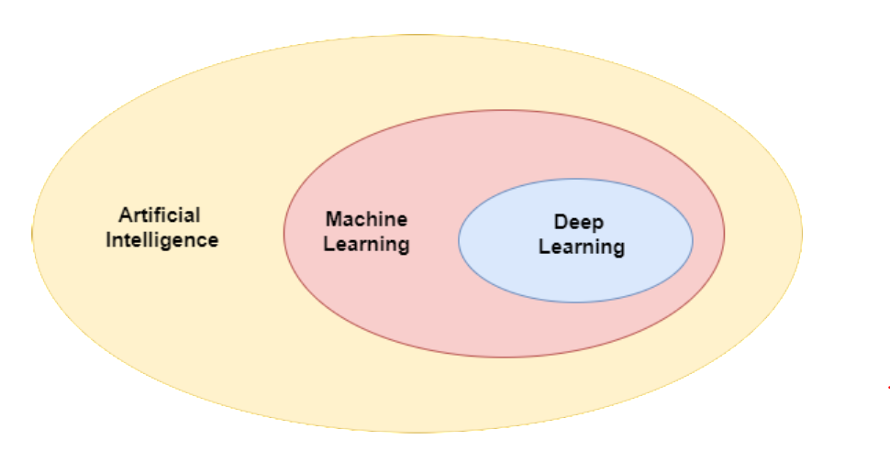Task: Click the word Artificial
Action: point(160,215)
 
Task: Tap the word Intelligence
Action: point(162,241)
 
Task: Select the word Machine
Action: point(366,220)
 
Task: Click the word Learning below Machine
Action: point(367,245)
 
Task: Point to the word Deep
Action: point(580,223)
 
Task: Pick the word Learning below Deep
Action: point(581,247)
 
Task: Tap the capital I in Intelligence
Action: point(108,241)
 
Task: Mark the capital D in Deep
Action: point(561,222)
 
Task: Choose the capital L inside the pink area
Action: point(329,245)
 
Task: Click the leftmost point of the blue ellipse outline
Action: point(459,240)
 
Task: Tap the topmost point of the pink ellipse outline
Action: point(504,110)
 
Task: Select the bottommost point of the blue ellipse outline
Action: point(575,302)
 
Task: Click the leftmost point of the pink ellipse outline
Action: point(284,234)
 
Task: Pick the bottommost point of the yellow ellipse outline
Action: point(417,432)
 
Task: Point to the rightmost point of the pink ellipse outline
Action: point(725,234)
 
